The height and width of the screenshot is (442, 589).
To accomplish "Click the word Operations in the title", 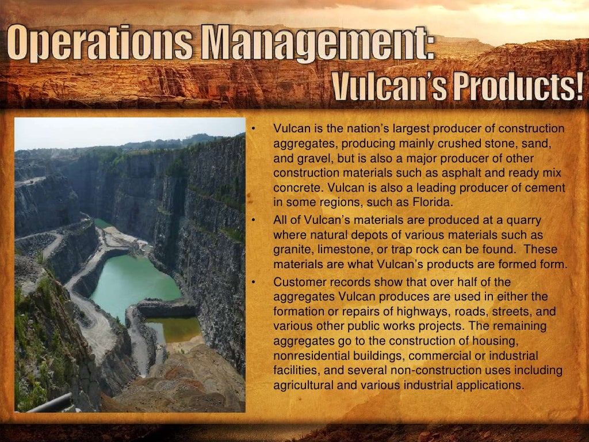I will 103,45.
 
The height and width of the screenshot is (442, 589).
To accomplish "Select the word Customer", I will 299,282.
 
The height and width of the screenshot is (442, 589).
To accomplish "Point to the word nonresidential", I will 310,356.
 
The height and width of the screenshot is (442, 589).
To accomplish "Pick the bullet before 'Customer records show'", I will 253,283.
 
